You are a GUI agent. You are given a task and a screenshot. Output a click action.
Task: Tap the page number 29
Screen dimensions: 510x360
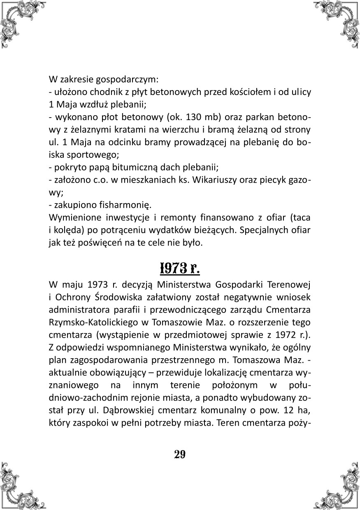tap(180, 454)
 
